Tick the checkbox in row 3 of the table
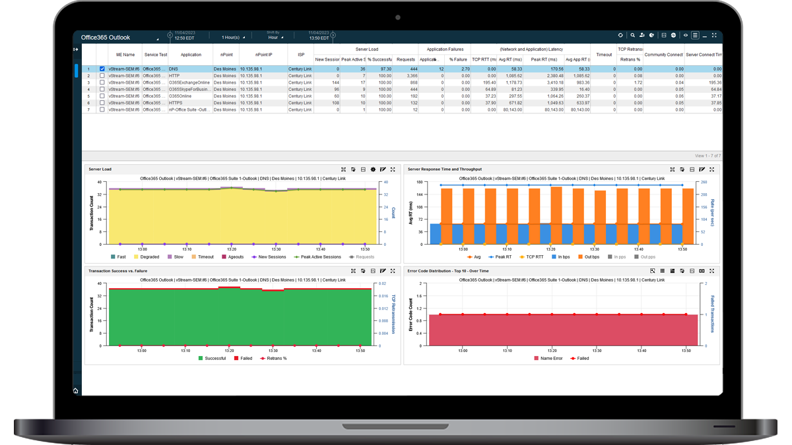point(102,82)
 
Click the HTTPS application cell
point(176,103)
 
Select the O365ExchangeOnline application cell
point(189,82)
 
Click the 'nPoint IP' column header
point(263,55)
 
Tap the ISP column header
point(301,55)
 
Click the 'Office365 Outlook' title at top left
point(106,38)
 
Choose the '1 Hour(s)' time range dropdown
point(233,38)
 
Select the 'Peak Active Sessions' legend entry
point(321,257)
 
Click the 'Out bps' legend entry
point(589,257)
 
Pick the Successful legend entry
point(212,359)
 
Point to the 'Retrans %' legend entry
point(273,359)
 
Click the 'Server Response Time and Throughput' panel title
point(444,169)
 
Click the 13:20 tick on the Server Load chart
point(231,249)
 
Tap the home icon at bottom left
point(75,391)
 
